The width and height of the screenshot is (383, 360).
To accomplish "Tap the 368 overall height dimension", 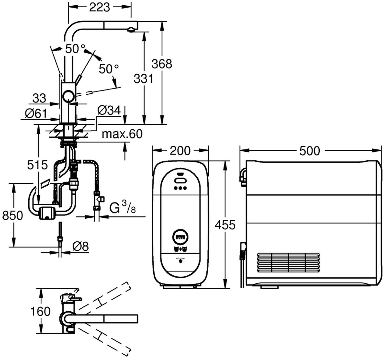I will [161, 64].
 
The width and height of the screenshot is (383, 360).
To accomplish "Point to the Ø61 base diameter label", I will [35, 113].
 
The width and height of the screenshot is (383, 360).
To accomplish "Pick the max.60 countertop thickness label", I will [122, 134].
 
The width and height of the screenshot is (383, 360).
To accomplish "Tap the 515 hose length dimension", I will [37, 165].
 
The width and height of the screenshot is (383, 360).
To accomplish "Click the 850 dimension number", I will [12, 216].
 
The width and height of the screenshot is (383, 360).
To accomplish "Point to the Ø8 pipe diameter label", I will [80, 246].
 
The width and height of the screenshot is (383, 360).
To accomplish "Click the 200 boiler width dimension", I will [180, 151].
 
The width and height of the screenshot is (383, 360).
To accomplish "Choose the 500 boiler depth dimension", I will [309, 151].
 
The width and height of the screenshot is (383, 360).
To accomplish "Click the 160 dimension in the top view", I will [41, 311].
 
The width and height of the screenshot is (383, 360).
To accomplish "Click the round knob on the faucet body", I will [68, 97].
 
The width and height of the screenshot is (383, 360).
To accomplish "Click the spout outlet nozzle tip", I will [130, 30].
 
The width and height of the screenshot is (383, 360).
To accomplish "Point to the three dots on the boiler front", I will [180, 188].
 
